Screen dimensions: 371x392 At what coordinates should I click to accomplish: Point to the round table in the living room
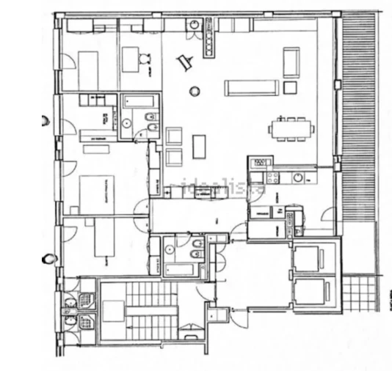pos(195,91)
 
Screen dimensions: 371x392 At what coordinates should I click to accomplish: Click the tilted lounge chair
pos(185,63)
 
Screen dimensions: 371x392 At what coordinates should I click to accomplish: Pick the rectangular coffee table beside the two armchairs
pos(200,147)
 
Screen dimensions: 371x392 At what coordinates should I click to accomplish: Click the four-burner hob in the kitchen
pos(258,177)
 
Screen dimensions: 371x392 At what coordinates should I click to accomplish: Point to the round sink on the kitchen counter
pos(298,177)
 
